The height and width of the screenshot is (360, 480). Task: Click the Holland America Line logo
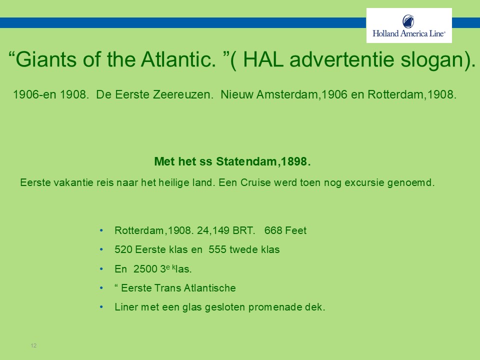point(409,25)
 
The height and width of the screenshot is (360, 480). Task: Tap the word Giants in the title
point(46,59)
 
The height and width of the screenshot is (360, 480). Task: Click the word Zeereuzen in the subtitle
point(181,94)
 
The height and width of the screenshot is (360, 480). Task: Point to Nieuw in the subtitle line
point(237,94)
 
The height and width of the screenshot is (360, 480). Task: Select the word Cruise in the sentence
point(255,183)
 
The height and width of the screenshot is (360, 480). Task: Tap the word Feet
point(296,230)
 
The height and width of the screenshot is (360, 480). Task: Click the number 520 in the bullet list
point(123,249)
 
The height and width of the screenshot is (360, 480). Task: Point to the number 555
point(217,249)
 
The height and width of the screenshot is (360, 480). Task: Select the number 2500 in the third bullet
point(145,269)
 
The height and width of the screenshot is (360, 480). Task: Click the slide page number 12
point(33,345)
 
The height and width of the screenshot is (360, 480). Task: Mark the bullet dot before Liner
point(101,307)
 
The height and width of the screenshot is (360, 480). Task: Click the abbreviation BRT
point(243,230)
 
